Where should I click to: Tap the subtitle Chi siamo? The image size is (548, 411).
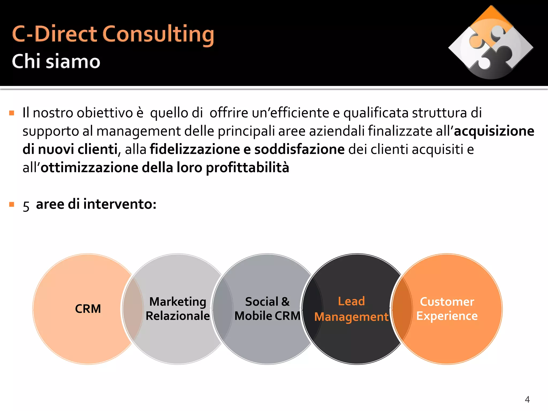(56, 61)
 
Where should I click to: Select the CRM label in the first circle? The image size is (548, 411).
(88, 309)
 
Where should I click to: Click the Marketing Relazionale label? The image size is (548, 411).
(178, 309)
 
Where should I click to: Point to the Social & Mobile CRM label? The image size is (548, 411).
(267, 309)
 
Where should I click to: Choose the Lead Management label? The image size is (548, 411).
(351, 309)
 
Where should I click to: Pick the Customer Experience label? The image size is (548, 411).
(447, 309)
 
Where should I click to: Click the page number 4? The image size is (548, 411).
(527, 399)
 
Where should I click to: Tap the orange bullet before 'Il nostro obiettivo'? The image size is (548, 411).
(12, 113)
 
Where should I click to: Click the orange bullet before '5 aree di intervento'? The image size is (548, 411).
(12, 205)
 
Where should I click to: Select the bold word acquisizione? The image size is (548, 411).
(494, 131)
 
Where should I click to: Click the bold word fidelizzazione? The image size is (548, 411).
(195, 149)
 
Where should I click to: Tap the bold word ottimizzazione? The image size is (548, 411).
(89, 168)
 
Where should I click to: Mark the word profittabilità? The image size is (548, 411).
(248, 168)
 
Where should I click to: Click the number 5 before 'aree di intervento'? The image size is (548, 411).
(26, 206)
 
